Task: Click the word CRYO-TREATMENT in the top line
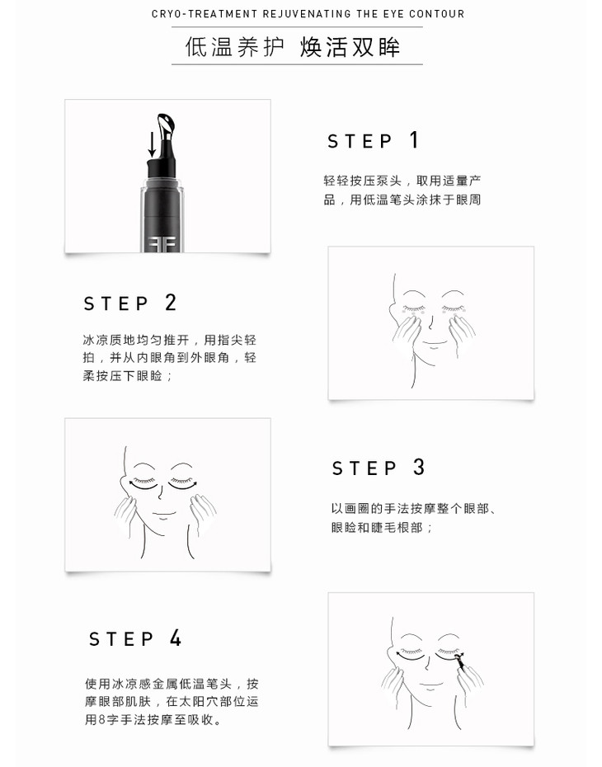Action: [x=205, y=14]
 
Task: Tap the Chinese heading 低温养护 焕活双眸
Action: [x=293, y=47]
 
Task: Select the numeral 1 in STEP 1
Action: [x=414, y=140]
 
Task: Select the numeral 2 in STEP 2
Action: [x=170, y=303]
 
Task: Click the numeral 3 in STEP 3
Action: [x=419, y=467]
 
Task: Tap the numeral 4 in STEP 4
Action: [x=176, y=638]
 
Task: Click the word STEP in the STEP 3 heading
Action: [x=364, y=468]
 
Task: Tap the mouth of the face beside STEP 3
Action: [x=164, y=514]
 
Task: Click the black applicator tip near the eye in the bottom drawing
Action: [x=461, y=661]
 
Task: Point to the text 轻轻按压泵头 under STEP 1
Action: [x=362, y=181]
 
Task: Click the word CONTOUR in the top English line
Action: [x=437, y=14]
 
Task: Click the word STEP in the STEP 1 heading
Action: [x=360, y=141]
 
